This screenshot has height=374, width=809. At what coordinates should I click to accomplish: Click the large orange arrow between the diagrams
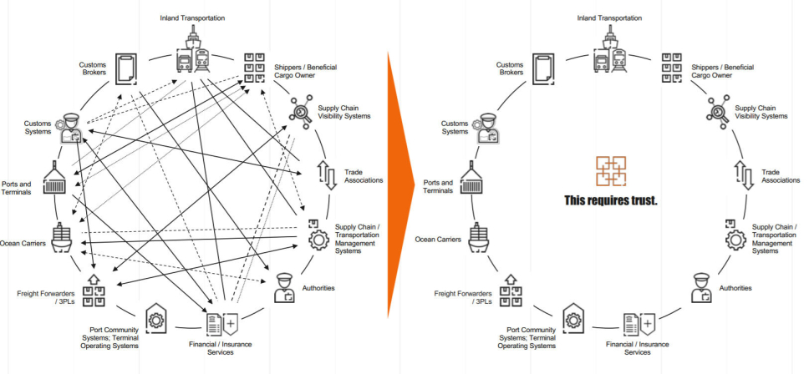403,184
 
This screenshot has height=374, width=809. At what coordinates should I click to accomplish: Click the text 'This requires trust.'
610,200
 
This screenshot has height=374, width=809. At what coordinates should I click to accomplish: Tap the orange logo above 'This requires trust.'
610,171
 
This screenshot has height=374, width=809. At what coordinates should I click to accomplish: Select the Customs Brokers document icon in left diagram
127,67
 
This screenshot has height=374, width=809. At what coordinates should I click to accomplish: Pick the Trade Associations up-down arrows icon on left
327,174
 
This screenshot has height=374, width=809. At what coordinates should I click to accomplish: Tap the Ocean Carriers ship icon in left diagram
64,239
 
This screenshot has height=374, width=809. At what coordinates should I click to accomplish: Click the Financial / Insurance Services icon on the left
220,321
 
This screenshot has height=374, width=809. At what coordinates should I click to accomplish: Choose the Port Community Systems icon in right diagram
572,320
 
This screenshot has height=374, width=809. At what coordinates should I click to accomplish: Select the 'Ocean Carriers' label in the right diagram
438,239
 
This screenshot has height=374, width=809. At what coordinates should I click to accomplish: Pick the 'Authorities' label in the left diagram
318,288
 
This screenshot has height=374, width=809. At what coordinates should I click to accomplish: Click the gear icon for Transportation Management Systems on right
736,237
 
